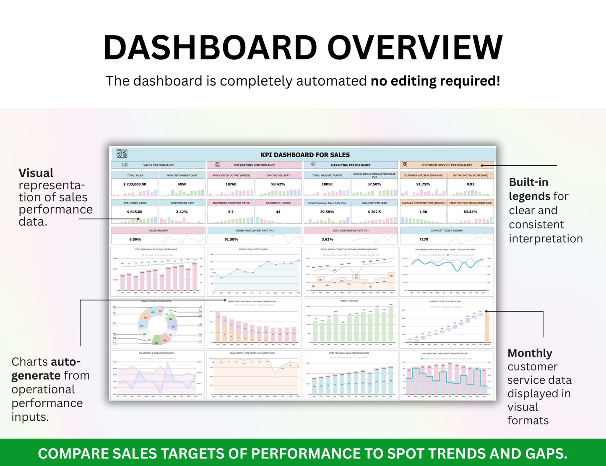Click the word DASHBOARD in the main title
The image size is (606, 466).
(x=210, y=47)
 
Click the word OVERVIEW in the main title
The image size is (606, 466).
(x=415, y=47)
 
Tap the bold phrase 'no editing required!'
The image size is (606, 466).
(x=435, y=81)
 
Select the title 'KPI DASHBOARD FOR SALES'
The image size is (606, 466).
(x=305, y=155)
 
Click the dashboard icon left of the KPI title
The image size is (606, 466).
(x=122, y=154)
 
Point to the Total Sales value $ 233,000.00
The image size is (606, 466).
(x=135, y=184)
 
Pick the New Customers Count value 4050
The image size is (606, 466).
(x=182, y=184)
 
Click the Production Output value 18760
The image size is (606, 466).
(x=231, y=184)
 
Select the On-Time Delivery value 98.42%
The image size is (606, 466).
(x=278, y=184)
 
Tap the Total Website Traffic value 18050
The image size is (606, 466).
(x=327, y=184)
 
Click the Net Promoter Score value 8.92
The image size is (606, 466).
(x=471, y=184)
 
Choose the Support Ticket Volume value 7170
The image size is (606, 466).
(x=424, y=240)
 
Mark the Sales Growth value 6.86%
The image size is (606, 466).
(x=135, y=240)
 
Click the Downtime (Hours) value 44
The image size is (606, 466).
(x=278, y=212)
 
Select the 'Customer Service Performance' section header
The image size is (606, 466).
(x=447, y=165)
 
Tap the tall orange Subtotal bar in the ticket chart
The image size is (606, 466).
(x=486, y=328)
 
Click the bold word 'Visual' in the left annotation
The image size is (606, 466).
(x=36, y=173)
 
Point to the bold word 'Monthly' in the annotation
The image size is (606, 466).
(x=530, y=353)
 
